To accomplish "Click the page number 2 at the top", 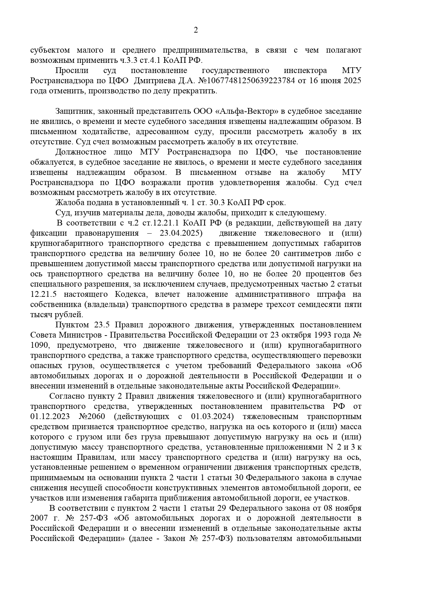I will coord(196,31).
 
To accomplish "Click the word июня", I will coord(332,81).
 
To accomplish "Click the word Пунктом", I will coord(71,325).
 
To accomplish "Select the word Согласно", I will coord(65,396).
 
